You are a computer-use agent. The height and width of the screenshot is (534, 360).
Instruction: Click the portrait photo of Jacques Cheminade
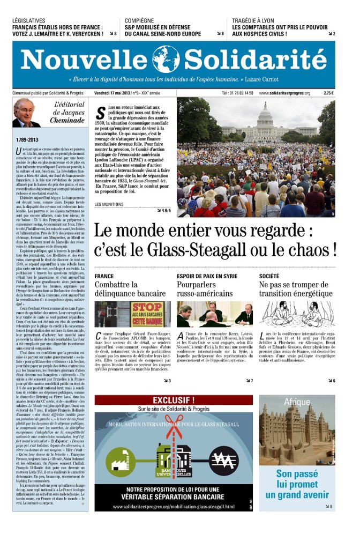[26, 113]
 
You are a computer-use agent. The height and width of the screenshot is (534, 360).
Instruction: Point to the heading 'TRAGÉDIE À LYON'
[253, 21]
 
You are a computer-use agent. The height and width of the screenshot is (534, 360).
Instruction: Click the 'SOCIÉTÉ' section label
[269, 276]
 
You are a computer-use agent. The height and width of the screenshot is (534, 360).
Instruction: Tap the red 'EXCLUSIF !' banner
[174, 400]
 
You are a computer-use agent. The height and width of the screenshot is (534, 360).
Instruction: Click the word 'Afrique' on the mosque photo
[297, 403]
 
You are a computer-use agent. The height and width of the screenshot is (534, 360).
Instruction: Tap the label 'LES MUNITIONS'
[109, 204]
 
